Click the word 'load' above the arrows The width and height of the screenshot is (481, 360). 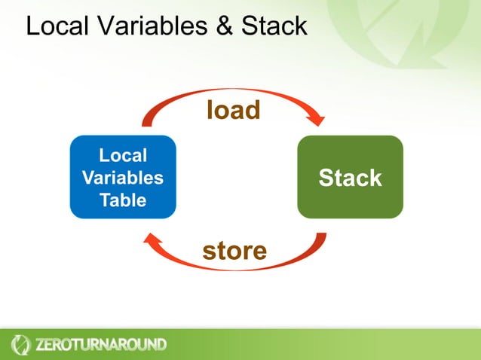pos(233,110)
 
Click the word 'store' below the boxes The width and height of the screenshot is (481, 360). pos(234,250)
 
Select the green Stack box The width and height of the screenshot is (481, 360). pos(350,177)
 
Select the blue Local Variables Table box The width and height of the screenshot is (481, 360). pos(123,177)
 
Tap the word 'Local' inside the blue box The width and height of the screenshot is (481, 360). pos(123,156)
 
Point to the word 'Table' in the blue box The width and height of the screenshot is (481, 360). pos(123,200)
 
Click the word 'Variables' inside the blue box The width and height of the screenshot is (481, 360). pos(123,178)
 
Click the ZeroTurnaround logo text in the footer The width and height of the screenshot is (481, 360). pos(100,345)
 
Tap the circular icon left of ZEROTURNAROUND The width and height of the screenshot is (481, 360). pos(20,345)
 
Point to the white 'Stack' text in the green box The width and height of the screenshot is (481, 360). pos(350,178)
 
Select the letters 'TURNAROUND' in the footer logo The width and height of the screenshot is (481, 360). pos(119,345)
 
